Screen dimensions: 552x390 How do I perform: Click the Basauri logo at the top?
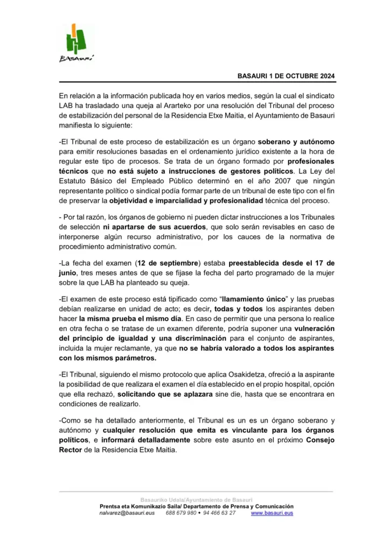click(75, 42)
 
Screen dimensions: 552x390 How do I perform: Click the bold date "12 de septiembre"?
click(168, 263)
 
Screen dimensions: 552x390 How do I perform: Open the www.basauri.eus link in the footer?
click(272, 513)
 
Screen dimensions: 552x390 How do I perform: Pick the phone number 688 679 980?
click(181, 513)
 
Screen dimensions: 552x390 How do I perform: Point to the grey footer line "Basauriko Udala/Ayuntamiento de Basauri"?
click(196, 500)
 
